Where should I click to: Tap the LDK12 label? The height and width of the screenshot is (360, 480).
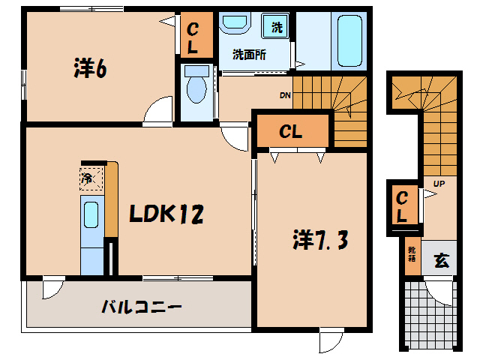pos(166,214)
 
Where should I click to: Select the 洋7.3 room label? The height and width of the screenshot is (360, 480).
pos(318,241)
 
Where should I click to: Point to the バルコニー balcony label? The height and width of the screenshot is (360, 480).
pos(142,307)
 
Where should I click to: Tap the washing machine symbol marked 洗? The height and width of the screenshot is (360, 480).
pos(277,28)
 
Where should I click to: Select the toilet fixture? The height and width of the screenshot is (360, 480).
pos(197,85)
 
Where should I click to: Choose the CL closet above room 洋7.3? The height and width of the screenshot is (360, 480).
pos(291,132)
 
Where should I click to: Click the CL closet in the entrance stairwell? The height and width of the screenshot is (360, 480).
pos(403,206)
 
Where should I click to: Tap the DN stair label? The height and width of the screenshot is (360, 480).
pos(285,95)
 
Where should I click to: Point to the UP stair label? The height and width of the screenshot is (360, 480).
pos(436,182)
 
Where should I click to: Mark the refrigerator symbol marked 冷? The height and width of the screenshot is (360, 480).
pos(88,178)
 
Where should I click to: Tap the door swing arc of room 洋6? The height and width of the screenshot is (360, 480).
pos(158,110)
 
